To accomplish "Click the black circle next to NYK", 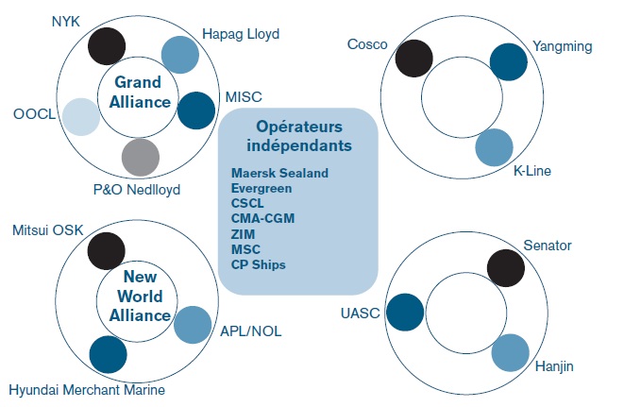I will click(x=106, y=45).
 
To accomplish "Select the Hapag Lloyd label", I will click(x=240, y=35).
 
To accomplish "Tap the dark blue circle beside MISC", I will click(x=195, y=110).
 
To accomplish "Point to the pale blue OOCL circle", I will click(x=81, y=116).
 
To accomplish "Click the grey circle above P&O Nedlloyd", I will click(x=142, y=156).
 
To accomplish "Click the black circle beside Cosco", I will click(x=413, y=58).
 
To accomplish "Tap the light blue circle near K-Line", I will click(x=494, y=147).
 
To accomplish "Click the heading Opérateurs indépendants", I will click(x=297, y=136).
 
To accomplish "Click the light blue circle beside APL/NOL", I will click(x=193, y=324).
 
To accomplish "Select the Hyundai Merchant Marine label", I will click(x=86, y=389).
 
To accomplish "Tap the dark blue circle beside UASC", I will click(x=405, y=312).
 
